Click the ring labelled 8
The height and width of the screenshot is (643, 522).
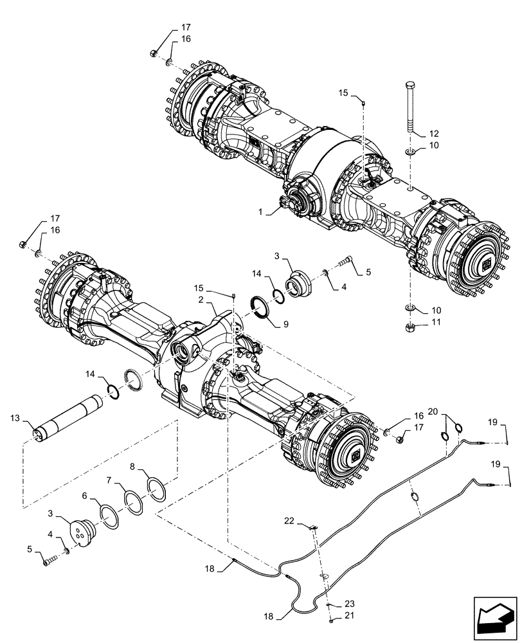click(x=156, y=488)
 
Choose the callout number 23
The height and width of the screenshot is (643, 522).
click(x=348, y=604)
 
